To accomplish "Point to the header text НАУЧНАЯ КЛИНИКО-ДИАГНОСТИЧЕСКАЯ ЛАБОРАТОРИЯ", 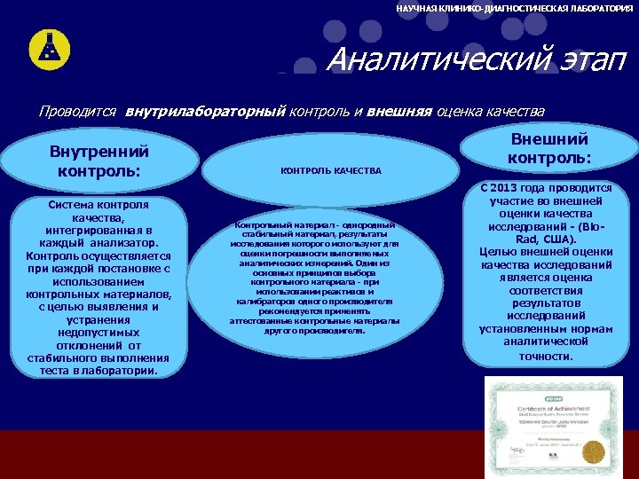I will [515, 8].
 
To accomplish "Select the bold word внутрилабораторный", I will [205, 113].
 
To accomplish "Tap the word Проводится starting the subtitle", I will [78, 113].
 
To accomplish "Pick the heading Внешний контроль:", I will [549, 148].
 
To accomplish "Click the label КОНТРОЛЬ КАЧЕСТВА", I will [331, 170].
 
